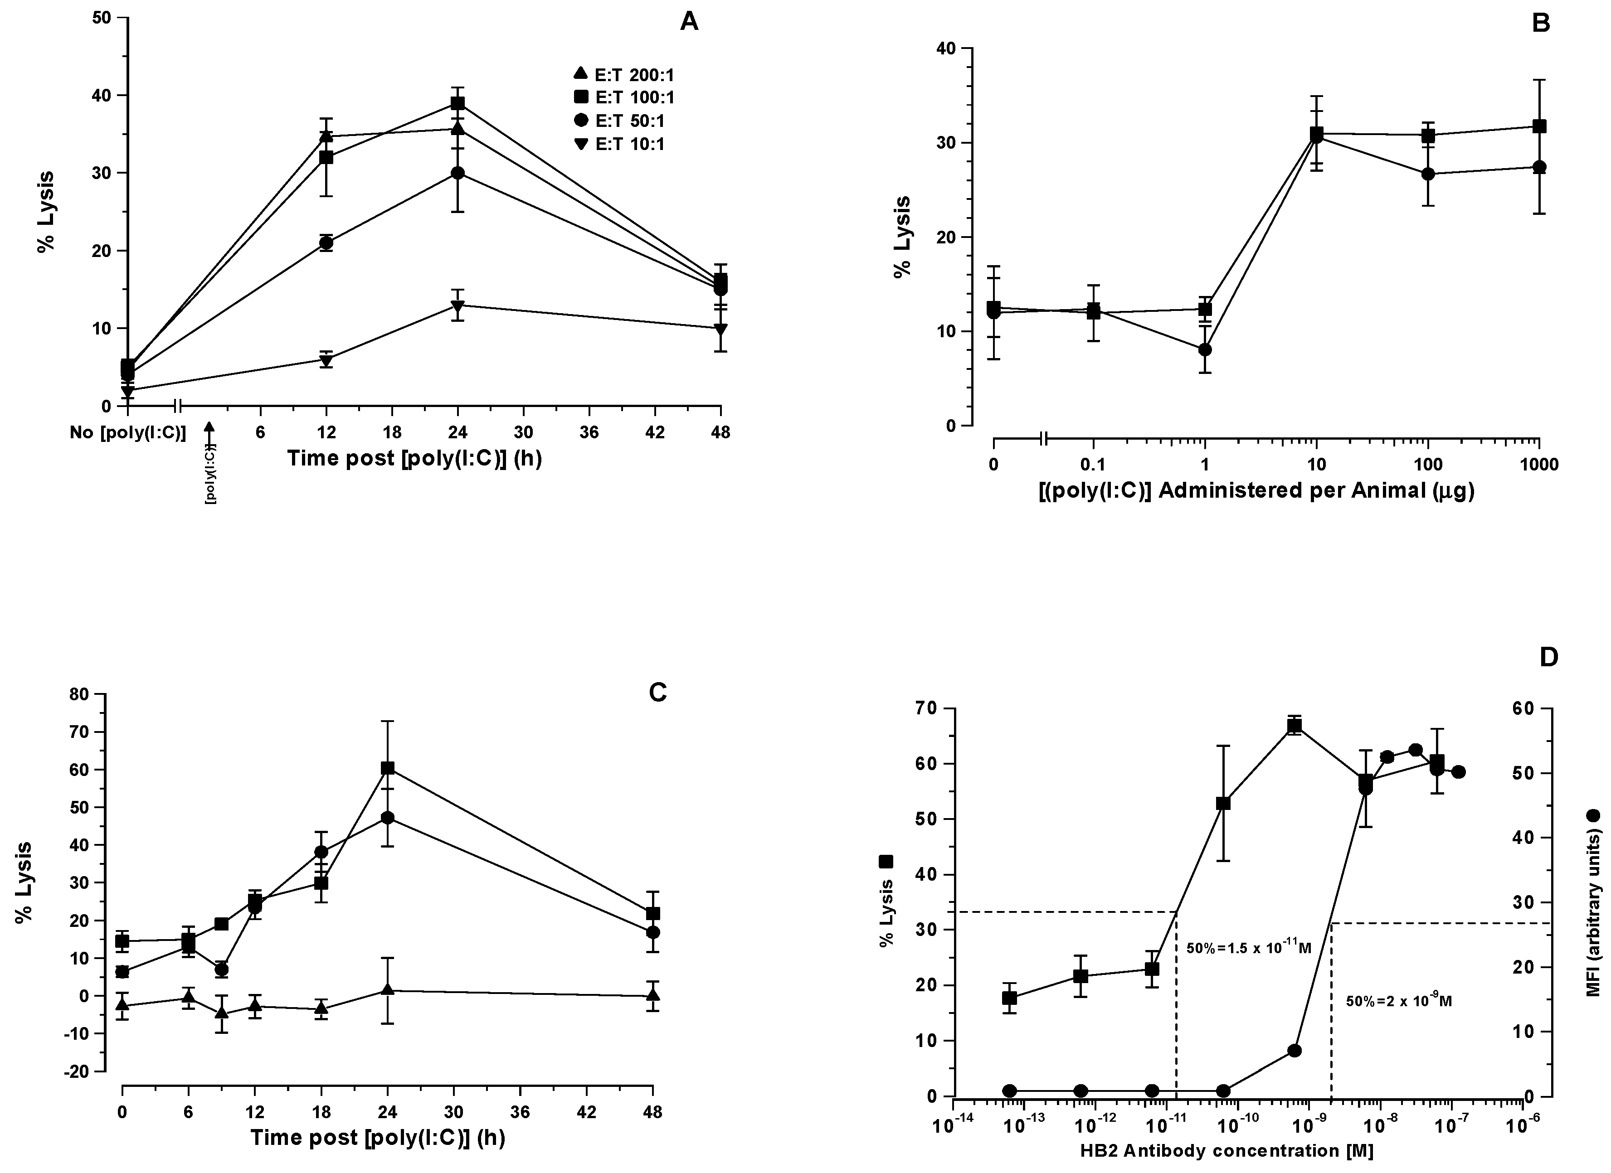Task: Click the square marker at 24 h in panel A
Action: (x=458, y=103)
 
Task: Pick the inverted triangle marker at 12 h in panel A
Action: (x=326, y=360)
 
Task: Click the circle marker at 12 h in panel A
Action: (x=326, y=243)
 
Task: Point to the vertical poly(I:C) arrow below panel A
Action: (x=209, y=461)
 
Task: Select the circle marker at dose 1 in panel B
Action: (x=1205, y=349)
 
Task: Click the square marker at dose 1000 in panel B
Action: (x=1539, y=126)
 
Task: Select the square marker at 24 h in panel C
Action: (x=388, y=768)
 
